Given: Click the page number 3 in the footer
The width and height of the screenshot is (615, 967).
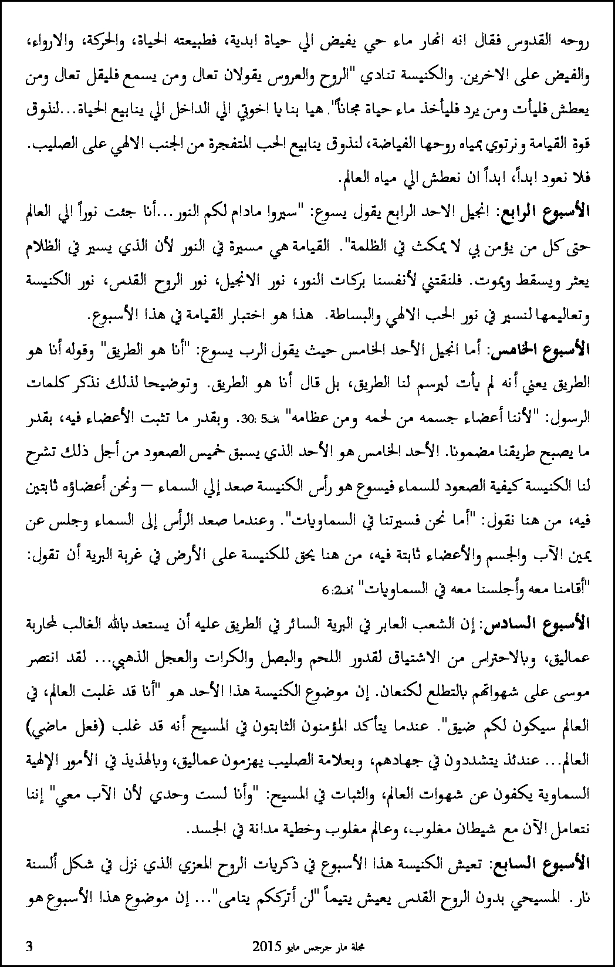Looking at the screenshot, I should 29,946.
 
